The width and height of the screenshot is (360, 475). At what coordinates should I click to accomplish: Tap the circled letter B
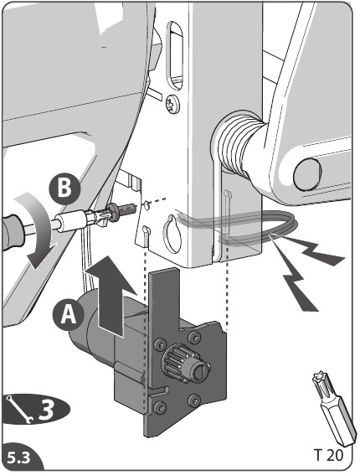pyautogui.click(x=64, y=189)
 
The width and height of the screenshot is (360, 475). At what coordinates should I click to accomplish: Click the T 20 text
pyautogui.click(x=328, y=455)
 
